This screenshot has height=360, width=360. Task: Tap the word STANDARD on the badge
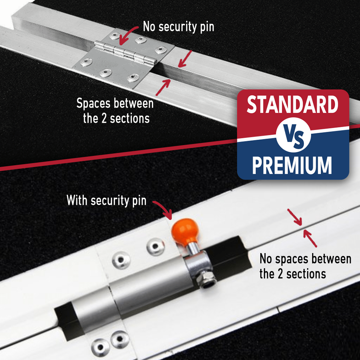pyautogui.click(x=292, y=105)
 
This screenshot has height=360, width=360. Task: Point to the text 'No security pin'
pyautogui.click(x=178, y=27)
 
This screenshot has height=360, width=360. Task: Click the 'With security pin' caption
pyautogui.click(x=107, y=200)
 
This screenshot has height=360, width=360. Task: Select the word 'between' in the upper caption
pyautogui.click(x=134, y=104)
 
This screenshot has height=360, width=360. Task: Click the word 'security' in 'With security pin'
pyautogui.click(x=109, y=200)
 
